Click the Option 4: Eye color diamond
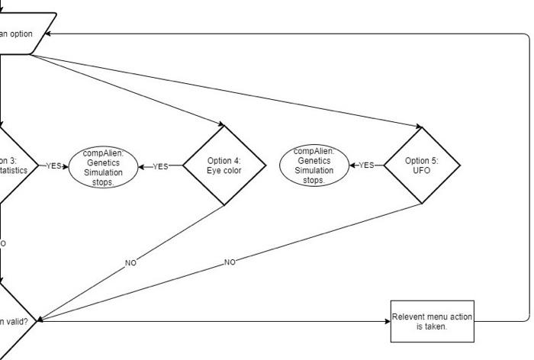tap(224, 166)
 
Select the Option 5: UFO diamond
tap(422, 166)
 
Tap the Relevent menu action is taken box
tap(432, 321)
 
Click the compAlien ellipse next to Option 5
tap(314, 166)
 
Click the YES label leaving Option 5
tap(366, 166)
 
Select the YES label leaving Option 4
tap(160, 166)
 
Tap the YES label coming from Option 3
tap(53, 166)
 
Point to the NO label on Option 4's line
tap(130, 262)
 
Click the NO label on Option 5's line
tap(230, 262)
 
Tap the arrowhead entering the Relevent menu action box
tap(387, 321)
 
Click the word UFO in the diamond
tap(422, 171)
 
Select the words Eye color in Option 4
tap(224, 171)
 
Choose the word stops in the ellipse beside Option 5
tap(314, 181)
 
